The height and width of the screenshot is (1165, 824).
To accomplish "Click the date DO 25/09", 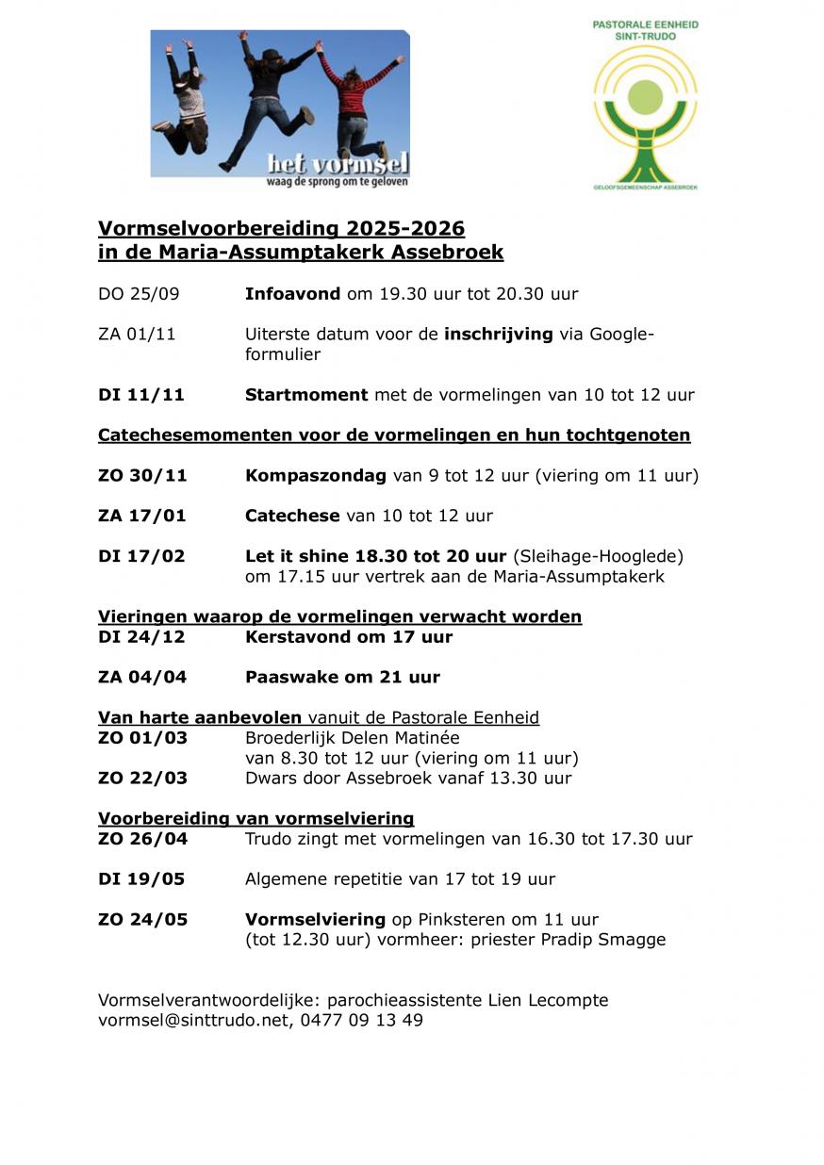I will (x=139, y=294).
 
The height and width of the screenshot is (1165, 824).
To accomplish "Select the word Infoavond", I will (x=292, y=294).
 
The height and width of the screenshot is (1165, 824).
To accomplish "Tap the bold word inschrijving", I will (x=498, y=335).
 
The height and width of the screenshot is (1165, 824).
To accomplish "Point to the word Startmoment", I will (x=306, y=395).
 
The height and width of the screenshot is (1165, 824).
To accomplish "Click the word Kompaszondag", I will (x=316, y=476).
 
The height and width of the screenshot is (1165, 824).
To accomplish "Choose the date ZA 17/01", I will (x=142, y=517).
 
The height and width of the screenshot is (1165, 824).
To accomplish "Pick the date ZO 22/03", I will (x=142, y=779).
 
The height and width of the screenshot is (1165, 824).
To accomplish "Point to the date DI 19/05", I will (x=141, y=879).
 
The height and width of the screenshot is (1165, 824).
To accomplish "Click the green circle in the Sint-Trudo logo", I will (x=646, y=97).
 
